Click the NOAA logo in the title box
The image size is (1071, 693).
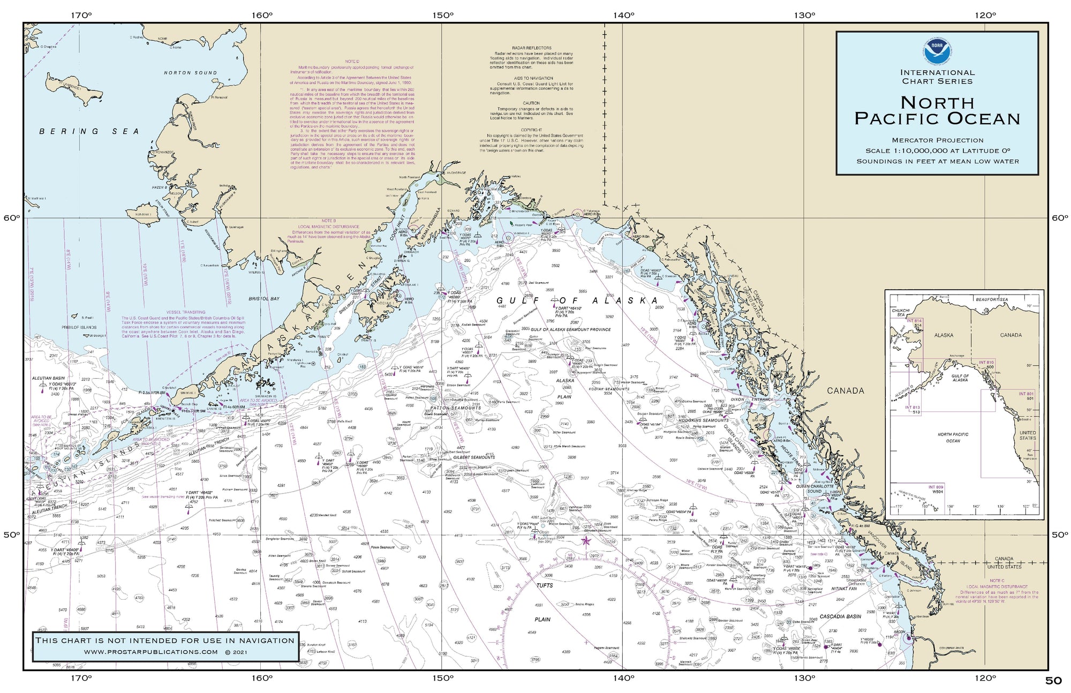[937, 51]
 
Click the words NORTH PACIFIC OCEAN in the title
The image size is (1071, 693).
[937, 111]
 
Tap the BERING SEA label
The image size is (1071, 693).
[89, 131]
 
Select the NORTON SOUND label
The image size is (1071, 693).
[191, 73]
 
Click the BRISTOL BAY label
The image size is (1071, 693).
[264, 299]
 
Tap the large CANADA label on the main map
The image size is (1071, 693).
[846, 391]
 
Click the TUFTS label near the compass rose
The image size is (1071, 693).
[544, 585]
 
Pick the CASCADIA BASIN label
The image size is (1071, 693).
[840, 616]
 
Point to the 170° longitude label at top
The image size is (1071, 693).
[81, 15]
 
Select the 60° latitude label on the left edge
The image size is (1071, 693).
[11, 219]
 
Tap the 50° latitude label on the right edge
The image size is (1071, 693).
[1059, 535]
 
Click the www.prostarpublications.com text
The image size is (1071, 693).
[151, 652]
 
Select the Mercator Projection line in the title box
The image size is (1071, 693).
[937, 140]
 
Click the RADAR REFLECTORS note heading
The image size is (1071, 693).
[531, 48]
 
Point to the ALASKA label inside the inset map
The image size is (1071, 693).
[944, 335]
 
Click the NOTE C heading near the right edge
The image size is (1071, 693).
[997, 581]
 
